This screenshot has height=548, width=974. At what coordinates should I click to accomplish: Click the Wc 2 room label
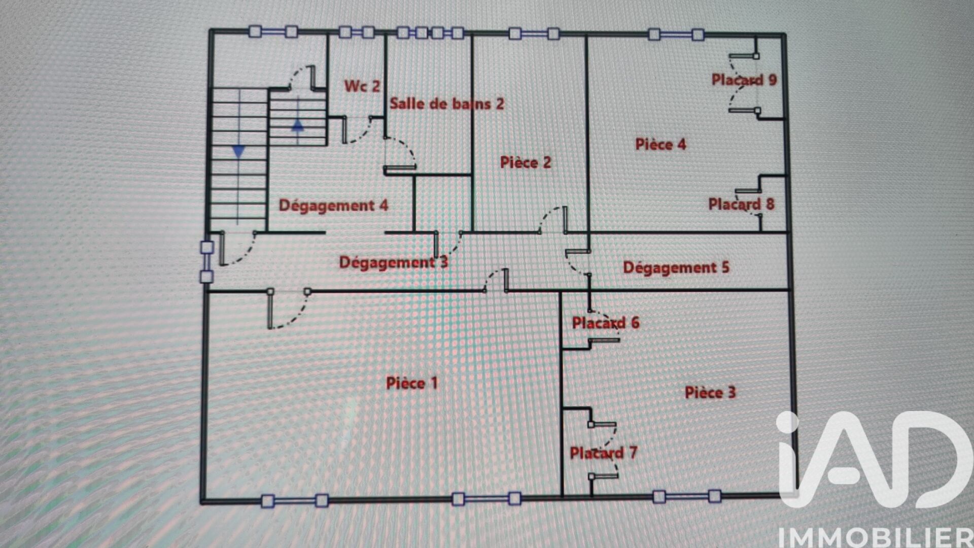(x=362, y=86)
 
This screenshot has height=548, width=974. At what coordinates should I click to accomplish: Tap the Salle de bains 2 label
(x=447, y=104)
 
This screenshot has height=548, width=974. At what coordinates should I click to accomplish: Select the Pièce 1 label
(x=412, y=383)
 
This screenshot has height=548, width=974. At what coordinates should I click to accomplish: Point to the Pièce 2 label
(x=526, y=162)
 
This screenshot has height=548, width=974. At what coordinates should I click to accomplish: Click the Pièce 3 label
(x=710, y=392)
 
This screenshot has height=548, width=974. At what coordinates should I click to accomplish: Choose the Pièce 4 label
(x=660, y=144)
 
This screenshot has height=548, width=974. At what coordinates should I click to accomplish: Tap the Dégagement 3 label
(x=394, y=262)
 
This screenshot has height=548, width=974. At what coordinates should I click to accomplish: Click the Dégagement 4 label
(x=333, y=205)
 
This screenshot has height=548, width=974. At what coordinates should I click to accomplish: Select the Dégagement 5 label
(x=676, y=267)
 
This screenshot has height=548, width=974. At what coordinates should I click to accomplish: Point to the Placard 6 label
(x=606, y=323)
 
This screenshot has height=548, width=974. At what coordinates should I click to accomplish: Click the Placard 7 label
(x=604, y=453)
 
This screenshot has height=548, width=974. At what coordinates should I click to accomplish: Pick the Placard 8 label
(x=742, y=204)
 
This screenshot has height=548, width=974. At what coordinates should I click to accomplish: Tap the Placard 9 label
(x=744, y=80)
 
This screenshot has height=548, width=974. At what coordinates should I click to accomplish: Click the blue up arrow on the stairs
(x=298, y=125)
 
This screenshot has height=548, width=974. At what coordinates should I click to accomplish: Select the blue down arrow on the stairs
(x=238, y=151)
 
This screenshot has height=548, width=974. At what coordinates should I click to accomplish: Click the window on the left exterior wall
(x=206, y=262)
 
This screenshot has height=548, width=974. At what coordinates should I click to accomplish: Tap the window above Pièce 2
(x=534, y=34)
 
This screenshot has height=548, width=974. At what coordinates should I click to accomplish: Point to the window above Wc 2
(x=357, y=32)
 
